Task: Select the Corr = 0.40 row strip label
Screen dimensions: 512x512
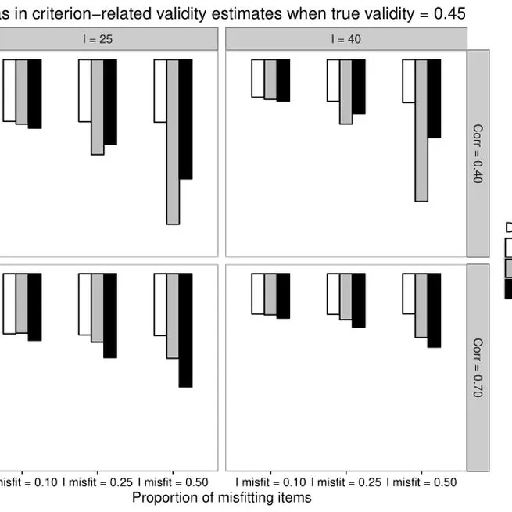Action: [478, 152]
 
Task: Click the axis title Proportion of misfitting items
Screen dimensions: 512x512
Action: [222, 497]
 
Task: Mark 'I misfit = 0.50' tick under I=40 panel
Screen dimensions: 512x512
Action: [421, 482]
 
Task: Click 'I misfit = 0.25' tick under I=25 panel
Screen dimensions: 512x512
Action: [98, 482]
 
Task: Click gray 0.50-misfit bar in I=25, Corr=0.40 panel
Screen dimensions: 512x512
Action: [173, 141]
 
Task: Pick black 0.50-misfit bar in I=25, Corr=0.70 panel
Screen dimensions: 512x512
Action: [185, 330]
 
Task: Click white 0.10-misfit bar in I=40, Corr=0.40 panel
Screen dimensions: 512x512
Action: [258, 78]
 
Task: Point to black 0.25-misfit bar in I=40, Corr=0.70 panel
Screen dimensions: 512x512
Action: [359, 300]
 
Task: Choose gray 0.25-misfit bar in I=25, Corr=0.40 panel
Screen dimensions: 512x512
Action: [98, 106]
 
